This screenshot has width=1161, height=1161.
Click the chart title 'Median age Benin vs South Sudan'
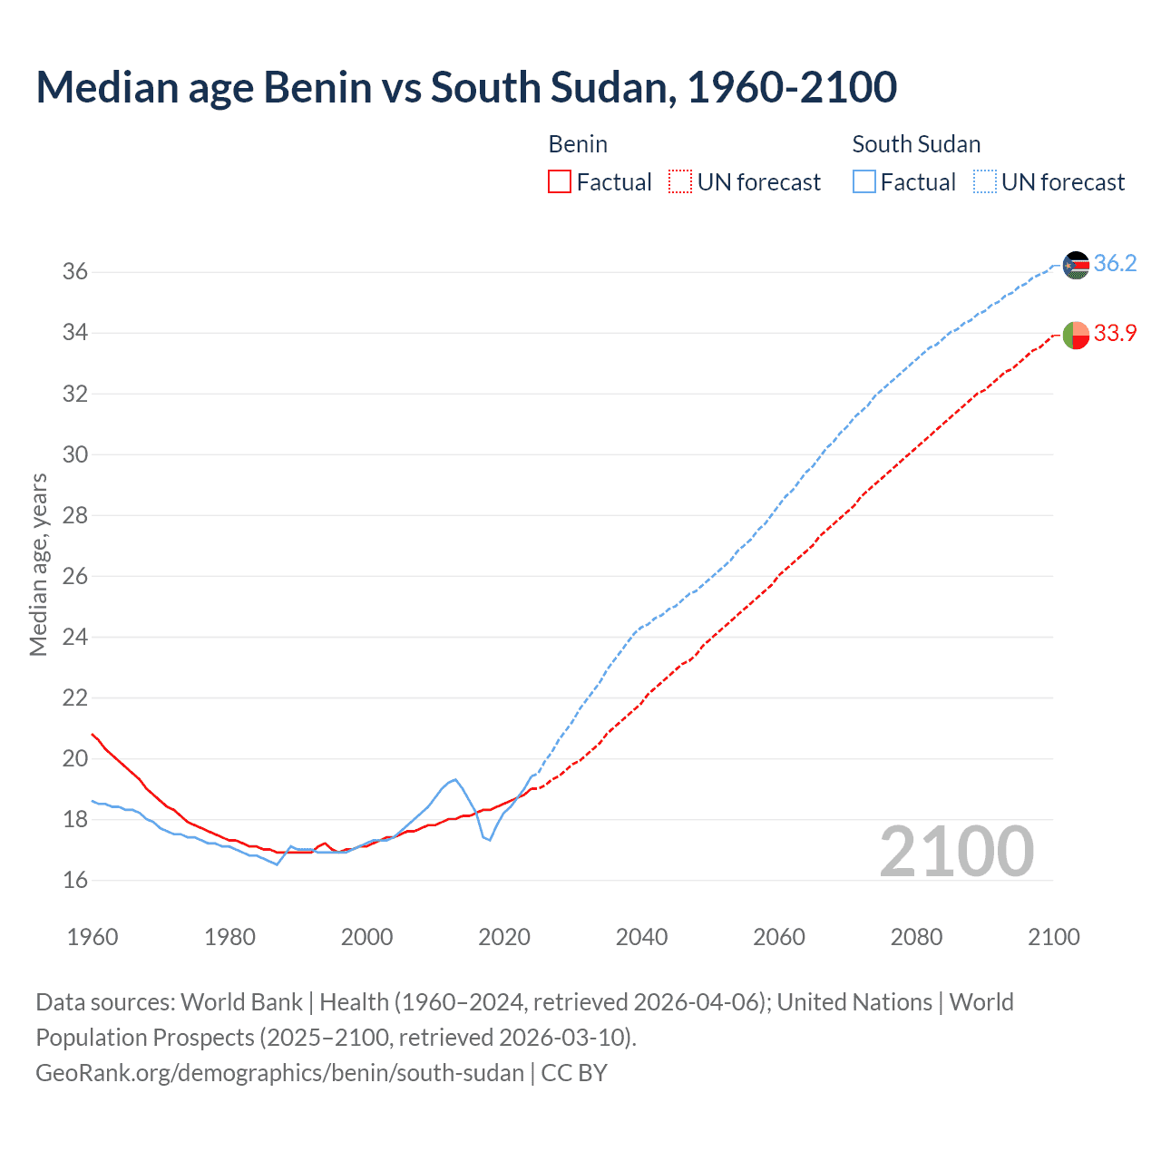click(x=466, y=88)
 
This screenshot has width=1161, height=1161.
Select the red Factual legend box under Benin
click(x=560, y=182)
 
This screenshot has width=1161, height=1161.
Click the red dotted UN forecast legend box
click(x=680, y=182)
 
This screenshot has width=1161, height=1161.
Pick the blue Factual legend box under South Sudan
click(x=864, y=182)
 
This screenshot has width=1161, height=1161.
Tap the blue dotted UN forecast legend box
click(x=985, y=182)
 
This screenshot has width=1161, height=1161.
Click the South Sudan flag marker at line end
click(x=1076, y=265)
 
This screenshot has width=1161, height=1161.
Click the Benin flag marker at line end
click(x=1076, y=335)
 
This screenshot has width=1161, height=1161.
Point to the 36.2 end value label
click(x=1115, y=264)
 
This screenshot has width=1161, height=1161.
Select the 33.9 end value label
click(x=1115, y=334)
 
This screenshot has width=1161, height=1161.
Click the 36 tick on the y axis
click(x=75, y=272)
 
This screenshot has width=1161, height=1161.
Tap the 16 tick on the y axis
click(x=75, y=880)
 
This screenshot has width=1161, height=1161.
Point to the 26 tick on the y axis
click(x=75, y=576)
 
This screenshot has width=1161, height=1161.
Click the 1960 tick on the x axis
click(x=93, y=937)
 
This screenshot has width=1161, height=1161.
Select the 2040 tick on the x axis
click(x=641, y=937)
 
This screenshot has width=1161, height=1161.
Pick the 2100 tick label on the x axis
click(x=1054, y=937)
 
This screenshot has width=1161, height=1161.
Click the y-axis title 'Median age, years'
click(x=38, y=564)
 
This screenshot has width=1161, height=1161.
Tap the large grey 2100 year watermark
click(x=957, y=851)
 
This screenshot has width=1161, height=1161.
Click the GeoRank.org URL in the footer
click(x=279, y=1073)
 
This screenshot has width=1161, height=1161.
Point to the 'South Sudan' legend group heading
click(x=916, y=144)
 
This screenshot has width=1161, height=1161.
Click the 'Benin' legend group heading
click(x=578, y=144)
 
